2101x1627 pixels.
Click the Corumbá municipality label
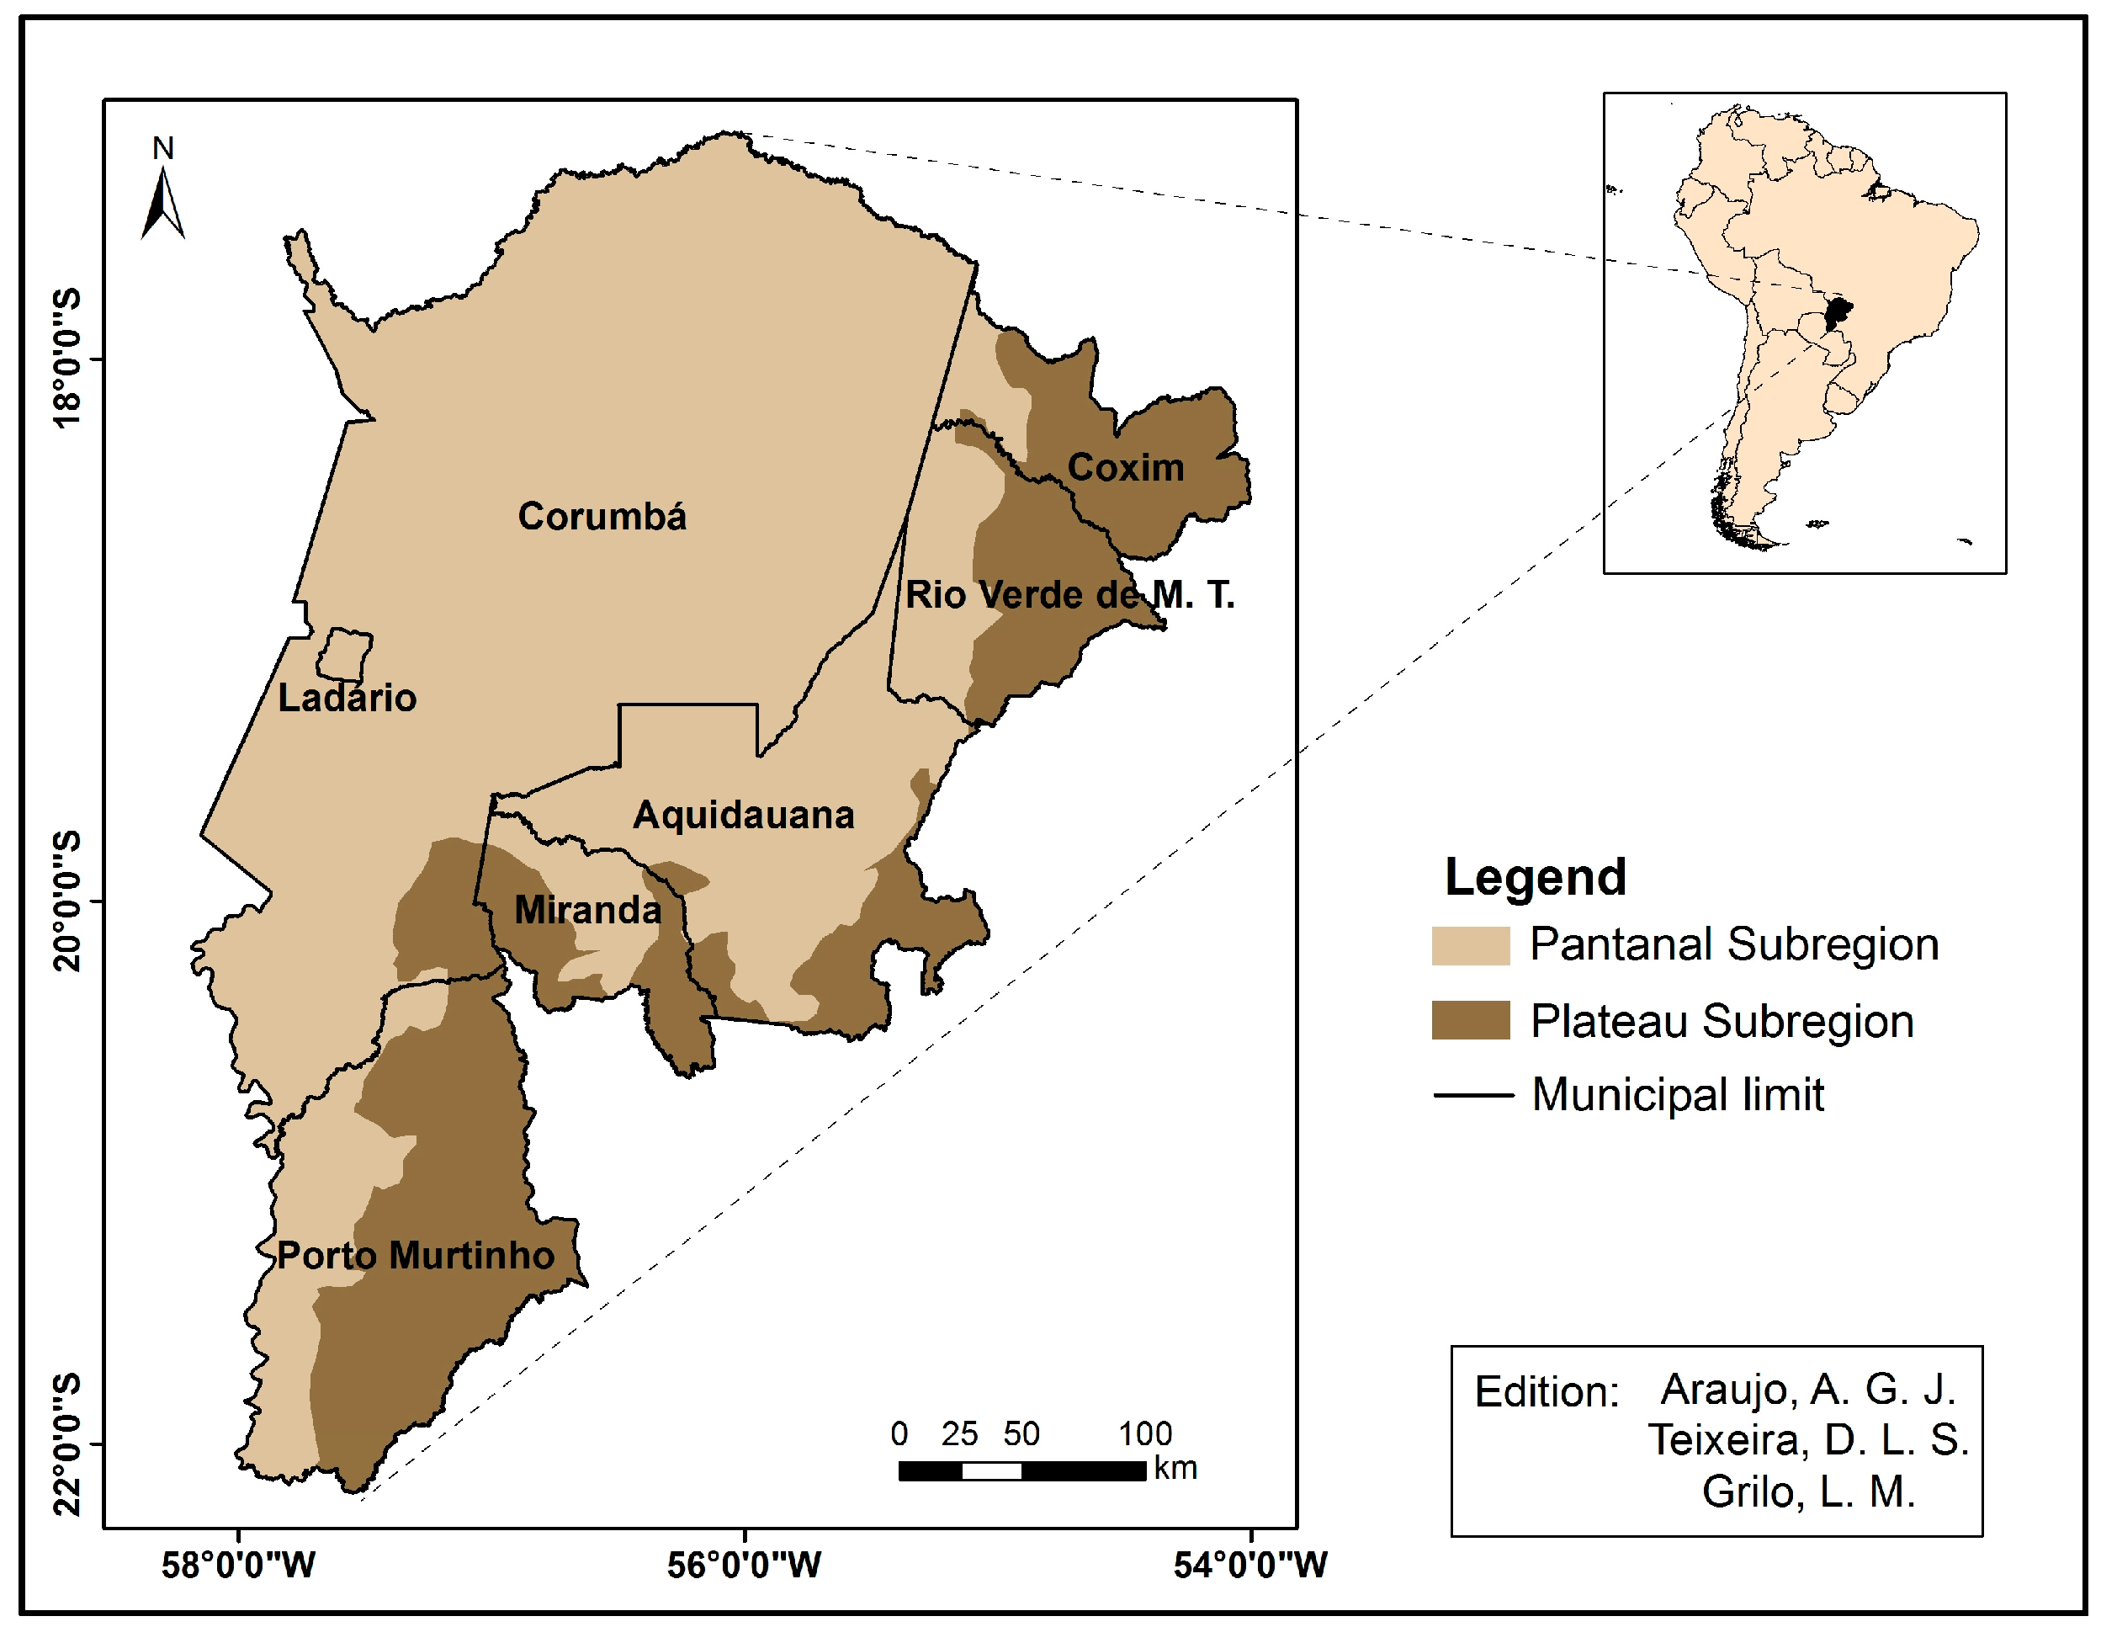(602, 517)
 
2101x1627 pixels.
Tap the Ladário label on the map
(348, 698)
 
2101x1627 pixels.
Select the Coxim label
(1126, 468)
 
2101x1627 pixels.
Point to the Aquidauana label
(744, 815)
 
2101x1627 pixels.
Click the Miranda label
(588, 909)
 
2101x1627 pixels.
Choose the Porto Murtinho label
(416, 1256)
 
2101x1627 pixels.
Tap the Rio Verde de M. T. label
(1069, 594)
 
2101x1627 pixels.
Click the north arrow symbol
(162, 203)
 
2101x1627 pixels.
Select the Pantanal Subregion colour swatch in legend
(1470, 945)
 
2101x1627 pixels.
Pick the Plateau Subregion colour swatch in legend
(1470, 1020)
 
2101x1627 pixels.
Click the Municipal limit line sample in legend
(1472, 1095)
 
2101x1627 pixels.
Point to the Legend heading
(1535, 876)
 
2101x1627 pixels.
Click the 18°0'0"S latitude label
(67, 358)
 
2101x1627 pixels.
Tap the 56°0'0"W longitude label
(744, 1566)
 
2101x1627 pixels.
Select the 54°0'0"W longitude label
(1249, 1566)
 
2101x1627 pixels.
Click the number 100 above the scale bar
(1145, 1433)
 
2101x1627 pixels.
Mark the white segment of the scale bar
(991, 1470)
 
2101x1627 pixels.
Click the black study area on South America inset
(1838, 314)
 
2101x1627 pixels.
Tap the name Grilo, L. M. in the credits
(1808, 1492)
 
